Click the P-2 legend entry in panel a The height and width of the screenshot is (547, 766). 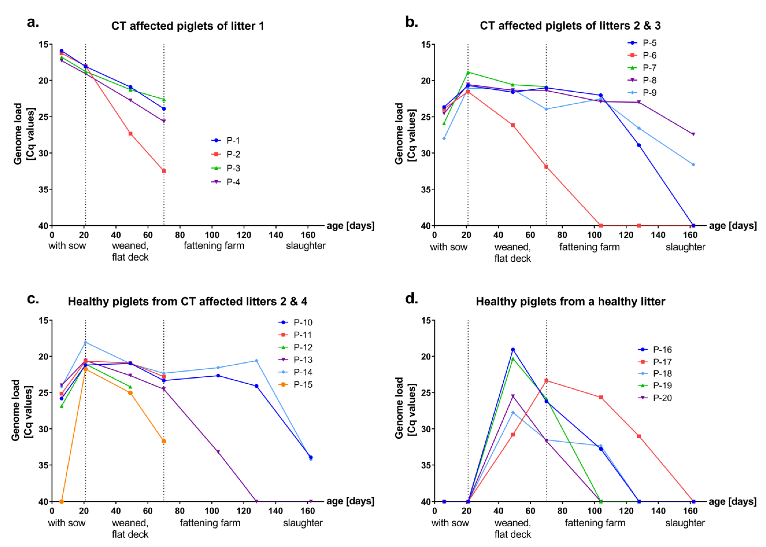(225, 154)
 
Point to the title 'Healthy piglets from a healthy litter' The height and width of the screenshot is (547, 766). (570, 301)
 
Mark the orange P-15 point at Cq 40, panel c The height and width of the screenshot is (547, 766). (62, 502)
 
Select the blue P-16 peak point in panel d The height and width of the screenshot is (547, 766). (513, 350)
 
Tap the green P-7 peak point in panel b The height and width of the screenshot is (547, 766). (468, 72)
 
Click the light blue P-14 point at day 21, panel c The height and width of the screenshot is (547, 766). (85, 342)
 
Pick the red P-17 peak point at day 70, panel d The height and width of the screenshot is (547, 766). (546, 381)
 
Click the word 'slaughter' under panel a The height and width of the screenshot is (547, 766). (306, 246)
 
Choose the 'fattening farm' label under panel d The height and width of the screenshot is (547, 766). (595, 523)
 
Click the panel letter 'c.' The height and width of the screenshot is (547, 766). (33, 299)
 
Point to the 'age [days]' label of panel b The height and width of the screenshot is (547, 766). (733, 226)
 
